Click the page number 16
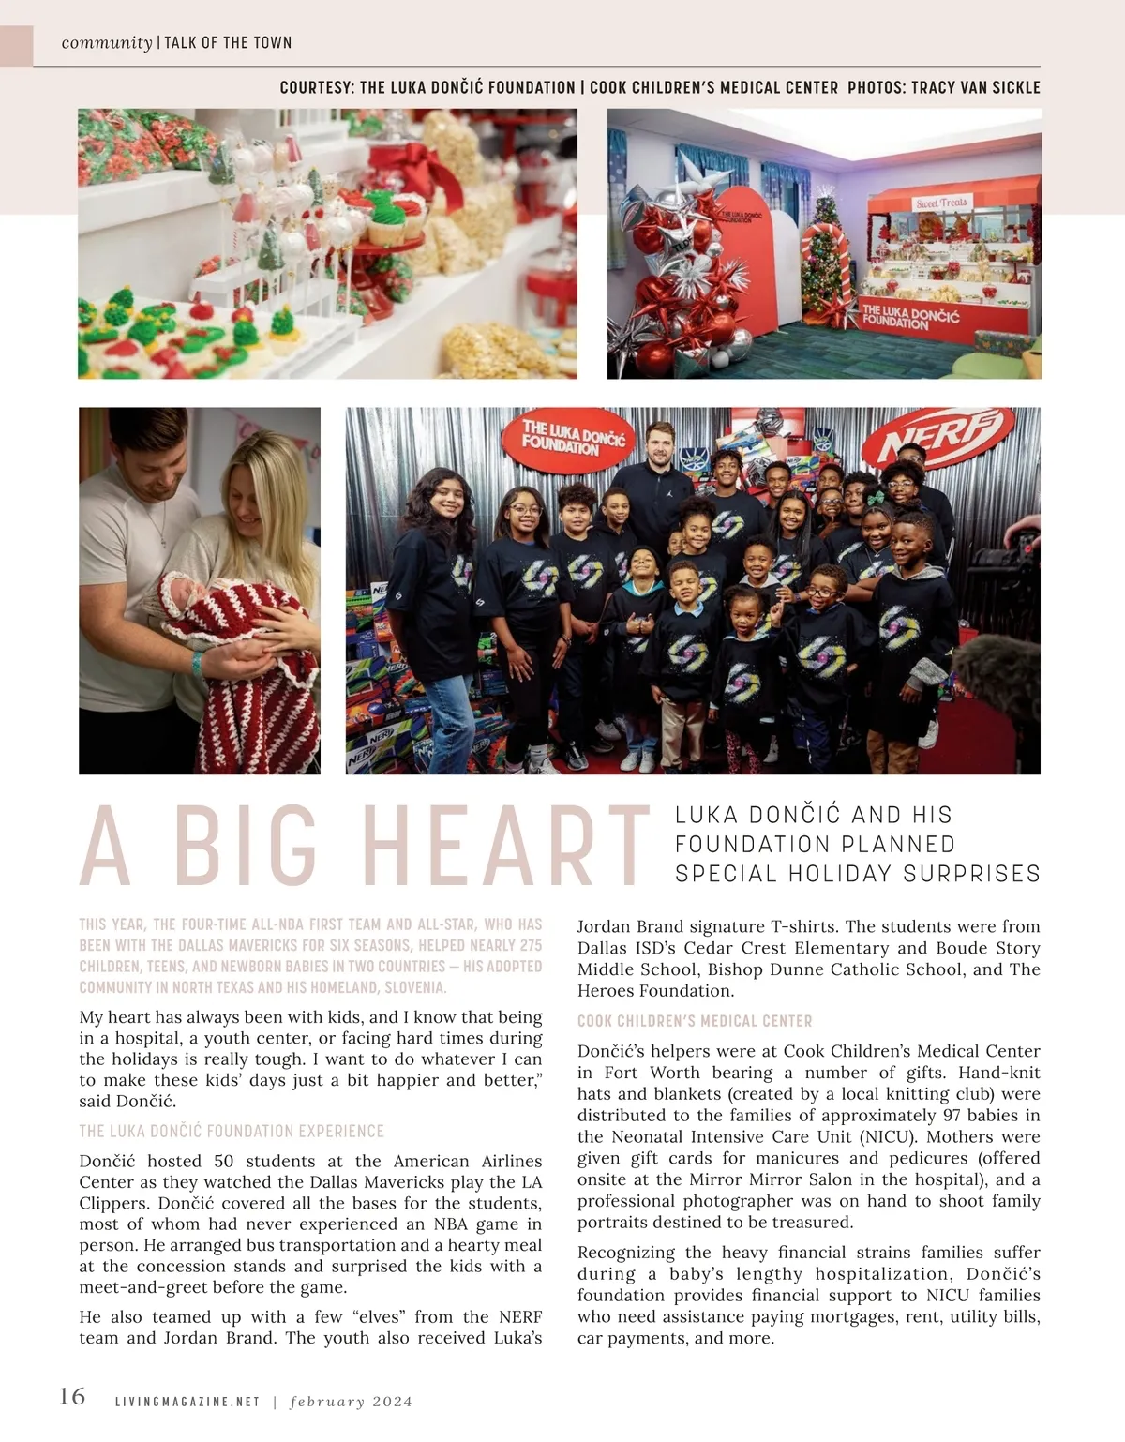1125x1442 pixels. pos(72,1397)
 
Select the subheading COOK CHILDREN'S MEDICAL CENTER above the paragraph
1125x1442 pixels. pos(695,1021)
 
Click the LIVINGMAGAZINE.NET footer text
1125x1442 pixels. pos(187,1403)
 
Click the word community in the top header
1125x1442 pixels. pos(107,43)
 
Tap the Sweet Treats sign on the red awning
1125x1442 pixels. pos(941,203)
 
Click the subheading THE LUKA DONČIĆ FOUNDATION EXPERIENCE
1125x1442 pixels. pos(232,1131)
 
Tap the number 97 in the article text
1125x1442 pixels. pos(954,1116)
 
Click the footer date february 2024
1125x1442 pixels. pos(352,1403)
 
